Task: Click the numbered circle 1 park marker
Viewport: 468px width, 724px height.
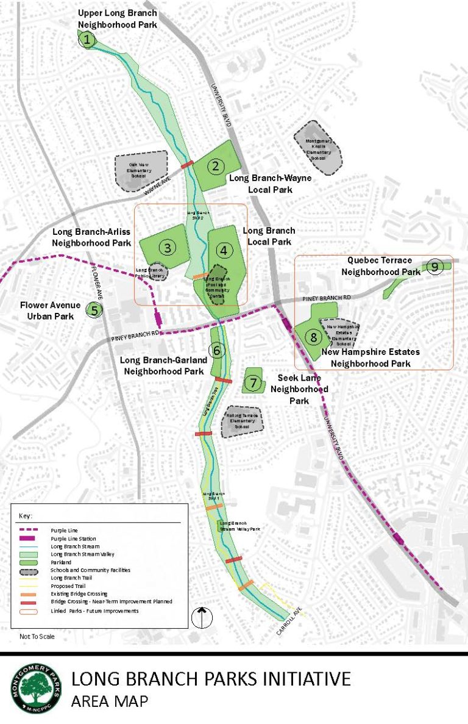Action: (88, 40)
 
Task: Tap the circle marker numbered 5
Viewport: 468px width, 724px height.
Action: (94, 310)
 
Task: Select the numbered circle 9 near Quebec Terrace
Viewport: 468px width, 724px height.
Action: (434, 266)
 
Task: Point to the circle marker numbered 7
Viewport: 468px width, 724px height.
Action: (253, 382)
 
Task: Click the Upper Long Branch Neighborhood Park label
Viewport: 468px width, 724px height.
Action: (118, 19)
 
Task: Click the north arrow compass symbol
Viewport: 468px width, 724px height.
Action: (200, 617)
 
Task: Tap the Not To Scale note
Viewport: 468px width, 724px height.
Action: (37, 636)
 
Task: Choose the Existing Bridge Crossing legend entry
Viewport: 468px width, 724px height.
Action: (79, 593)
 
